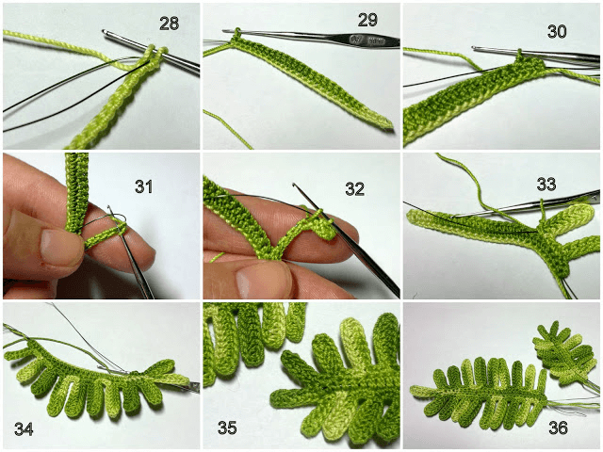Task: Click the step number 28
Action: [x=170, y=24]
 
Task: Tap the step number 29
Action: [x=367, y=20]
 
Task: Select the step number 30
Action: [x=557, y=31]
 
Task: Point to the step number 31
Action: [x=144, y=186]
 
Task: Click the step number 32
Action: [x=354, y=189]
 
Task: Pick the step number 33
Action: [x=546, y=185]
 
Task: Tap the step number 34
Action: [x=24, y=428]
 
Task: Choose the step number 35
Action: [x=227, y=428]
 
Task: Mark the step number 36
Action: [x=558, y=428]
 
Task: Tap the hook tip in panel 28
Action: [x=105, y=32]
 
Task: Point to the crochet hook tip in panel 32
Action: [x=294, y=186]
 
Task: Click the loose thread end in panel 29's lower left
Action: [x=227, y=130]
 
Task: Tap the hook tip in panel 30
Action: [x=475, y=48]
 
